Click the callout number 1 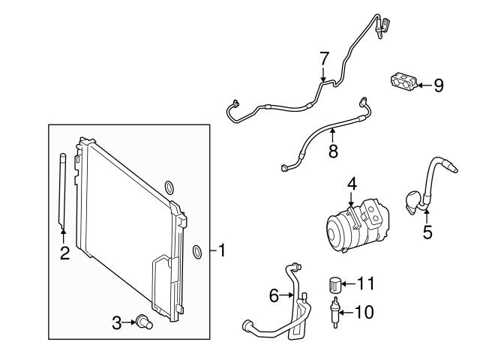pos(222,251)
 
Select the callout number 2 pos(64,253)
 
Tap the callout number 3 pos(116,323)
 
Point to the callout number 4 pos(352,184)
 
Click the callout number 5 pos(427,232)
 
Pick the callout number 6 pos(274,296)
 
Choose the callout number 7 pos(324,58)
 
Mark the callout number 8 pos(333,151)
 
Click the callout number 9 pos(438,85)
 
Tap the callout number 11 pos(365,283)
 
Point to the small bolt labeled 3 pos(142,322)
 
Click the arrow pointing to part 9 pos(422,85)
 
